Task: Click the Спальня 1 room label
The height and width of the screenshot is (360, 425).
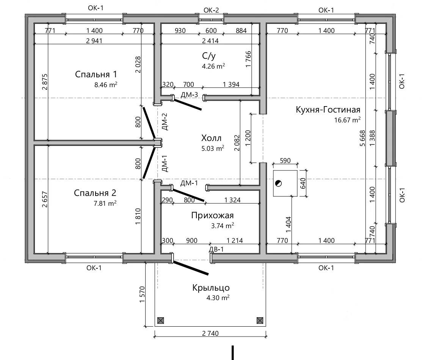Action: pos(96,74)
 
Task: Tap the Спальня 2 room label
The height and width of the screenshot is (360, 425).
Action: pos(95,193)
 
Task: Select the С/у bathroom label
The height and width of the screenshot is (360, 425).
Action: pos(209,56)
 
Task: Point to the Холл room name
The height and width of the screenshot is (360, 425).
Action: pos(212,138)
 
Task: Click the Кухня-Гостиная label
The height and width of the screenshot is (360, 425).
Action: pos(328,110)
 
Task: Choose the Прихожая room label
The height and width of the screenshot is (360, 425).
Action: pos(212,215)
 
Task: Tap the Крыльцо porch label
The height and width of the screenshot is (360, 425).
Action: pos(211,287)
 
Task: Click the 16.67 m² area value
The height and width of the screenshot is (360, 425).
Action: pos(347,120)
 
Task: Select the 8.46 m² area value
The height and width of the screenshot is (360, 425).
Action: pos(106,85)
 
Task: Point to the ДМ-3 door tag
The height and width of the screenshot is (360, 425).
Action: pos(189,95)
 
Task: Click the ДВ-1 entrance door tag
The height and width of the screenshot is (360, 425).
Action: pos(216,249)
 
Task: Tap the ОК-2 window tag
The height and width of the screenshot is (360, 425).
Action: pos(211,10)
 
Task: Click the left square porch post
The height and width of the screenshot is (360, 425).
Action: pos(160,321)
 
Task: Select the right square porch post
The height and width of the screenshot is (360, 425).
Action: pos(260,321)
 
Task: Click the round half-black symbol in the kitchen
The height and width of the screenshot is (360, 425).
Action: pos(278,183)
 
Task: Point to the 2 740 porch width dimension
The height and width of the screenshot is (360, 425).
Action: pos(210,333)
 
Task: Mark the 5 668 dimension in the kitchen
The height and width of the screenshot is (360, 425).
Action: pos(362,138)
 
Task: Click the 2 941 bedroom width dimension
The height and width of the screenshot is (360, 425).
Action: pos(94,41)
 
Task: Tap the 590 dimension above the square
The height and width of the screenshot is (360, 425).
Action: pos(285,161)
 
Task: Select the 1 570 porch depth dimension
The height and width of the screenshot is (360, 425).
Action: pos(142,294)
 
